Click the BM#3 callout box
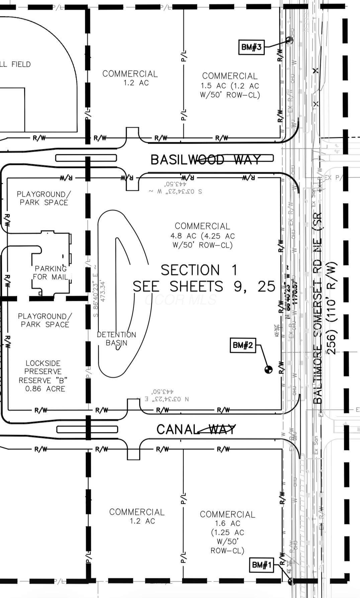coord(251,47)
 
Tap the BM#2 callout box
coord(243,345)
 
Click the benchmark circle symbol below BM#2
coord(268,369)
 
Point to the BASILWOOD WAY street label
coord(205,160)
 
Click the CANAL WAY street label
coord(196,429)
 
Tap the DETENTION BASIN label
coord(116,339)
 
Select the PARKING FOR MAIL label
coord(51,273)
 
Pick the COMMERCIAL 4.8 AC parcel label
coord(202,236)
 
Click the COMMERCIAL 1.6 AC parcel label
coord(228,532)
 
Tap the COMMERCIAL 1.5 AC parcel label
coord(230,85)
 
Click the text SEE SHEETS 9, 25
coord(204,286)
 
